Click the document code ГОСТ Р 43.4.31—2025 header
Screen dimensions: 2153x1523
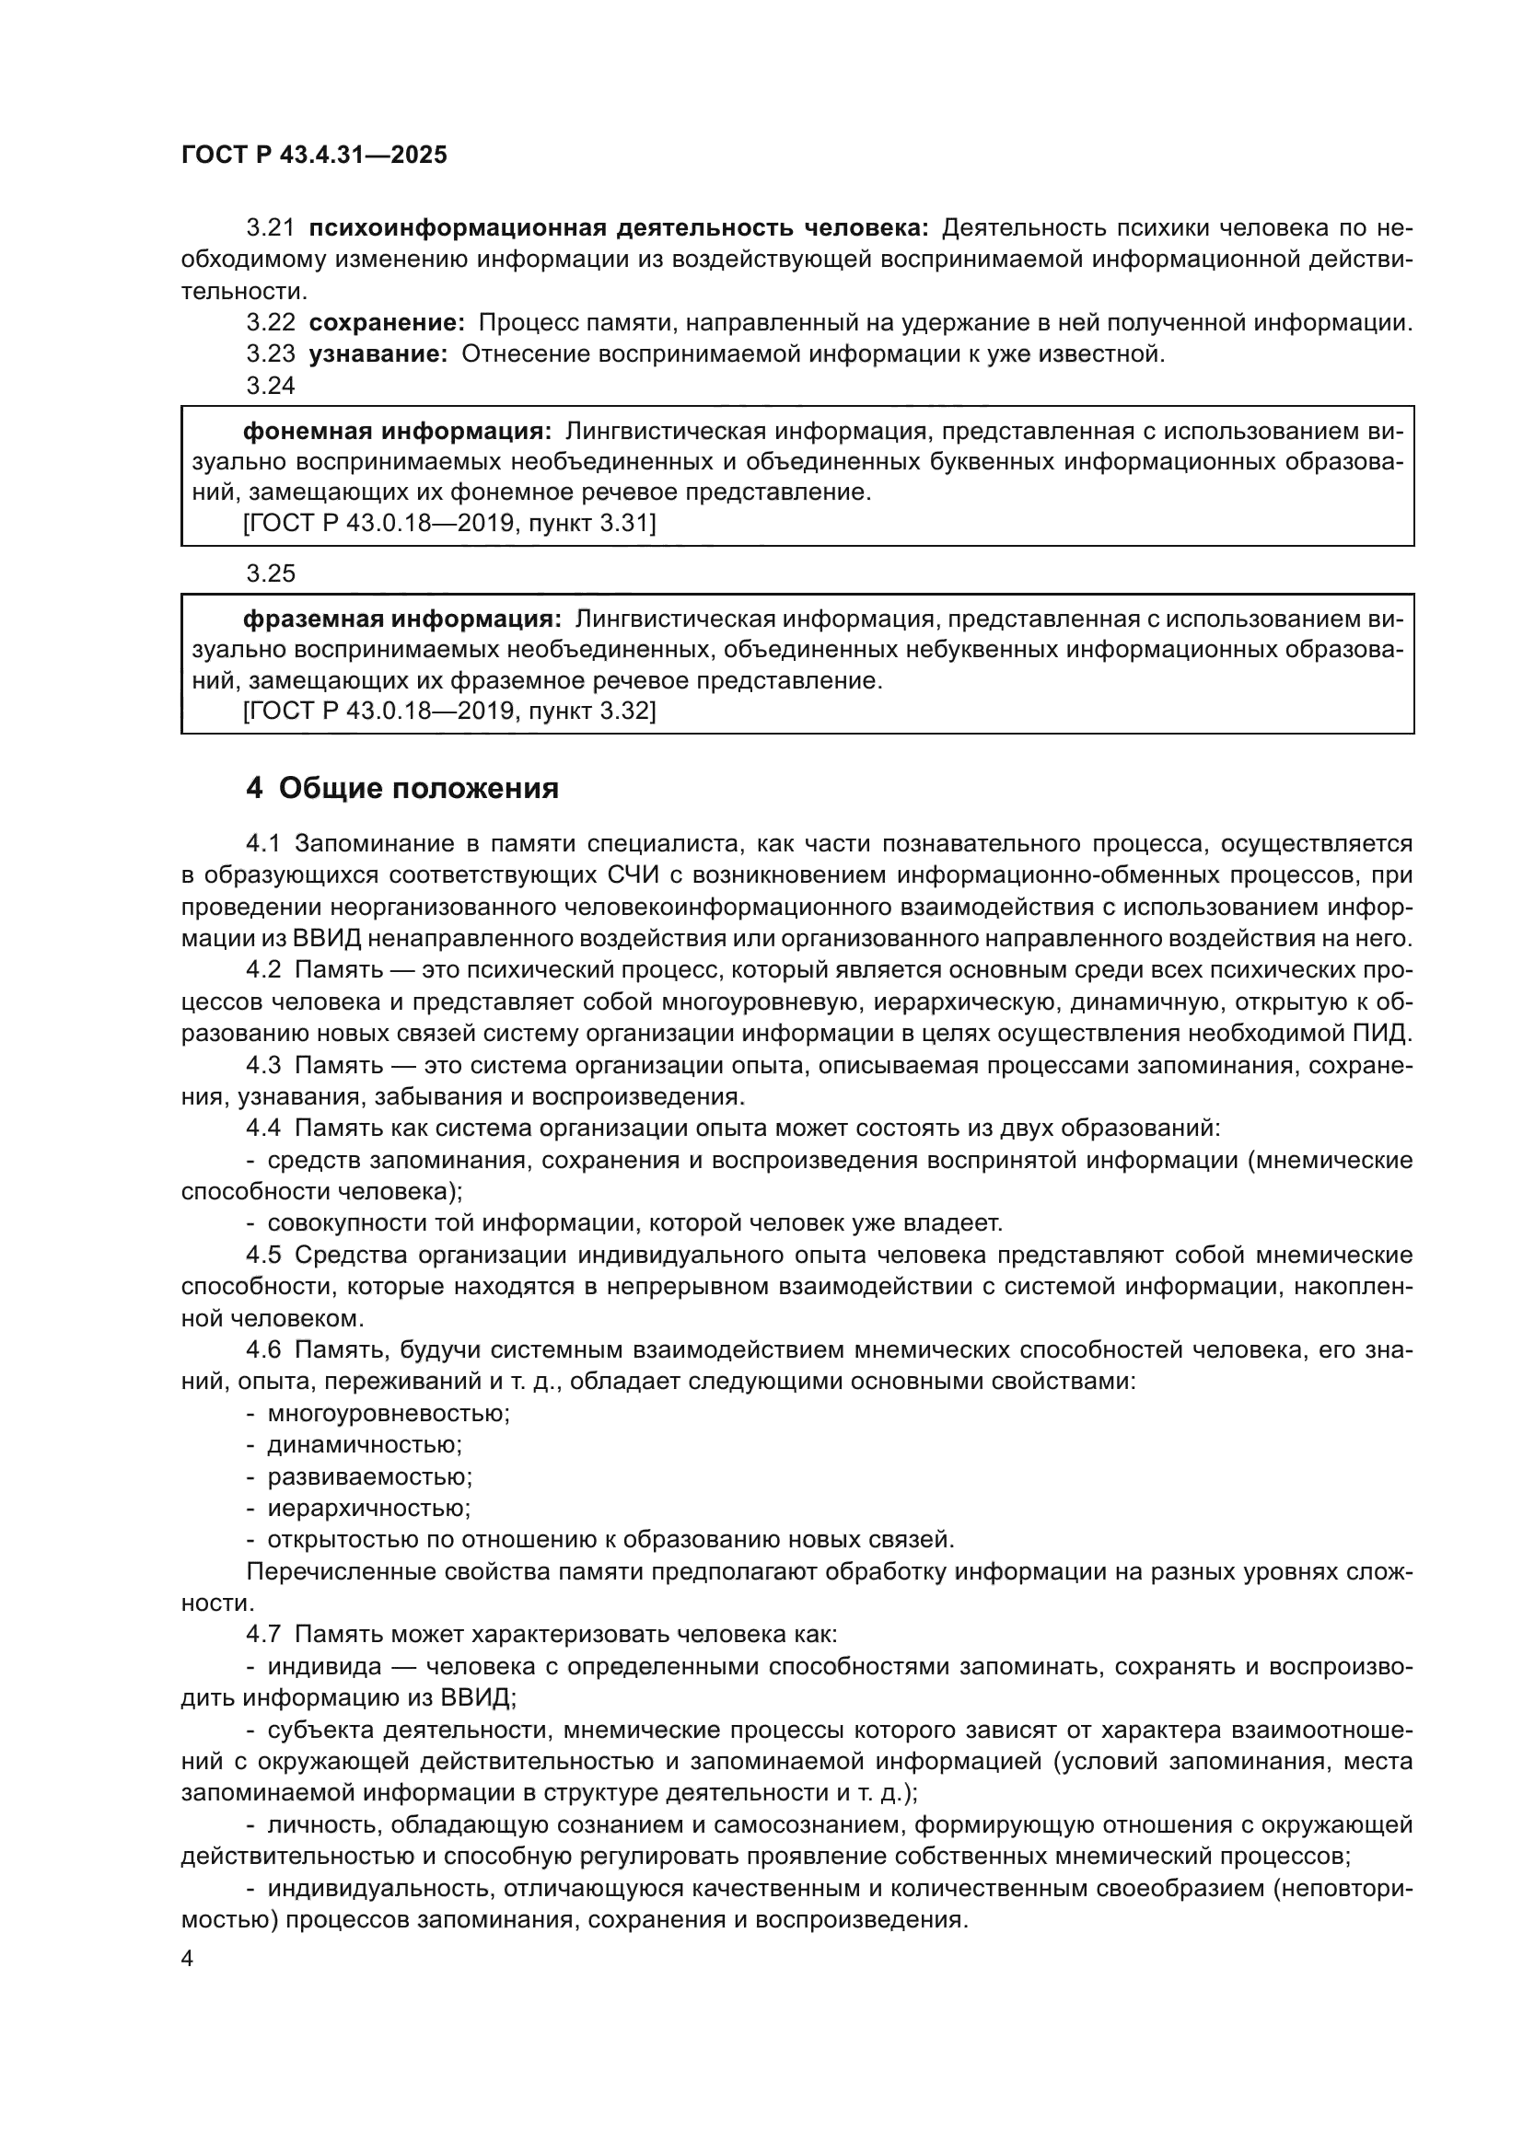click(314, 156)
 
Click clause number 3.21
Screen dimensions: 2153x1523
click(270, 228)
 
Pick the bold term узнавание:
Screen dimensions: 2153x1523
click(378, 354)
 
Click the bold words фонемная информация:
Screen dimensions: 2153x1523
click(398, 432)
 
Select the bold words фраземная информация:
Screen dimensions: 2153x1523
click(402, 619)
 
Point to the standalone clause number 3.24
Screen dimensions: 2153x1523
click(270, 386)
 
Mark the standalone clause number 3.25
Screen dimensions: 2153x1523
click(270, 572)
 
